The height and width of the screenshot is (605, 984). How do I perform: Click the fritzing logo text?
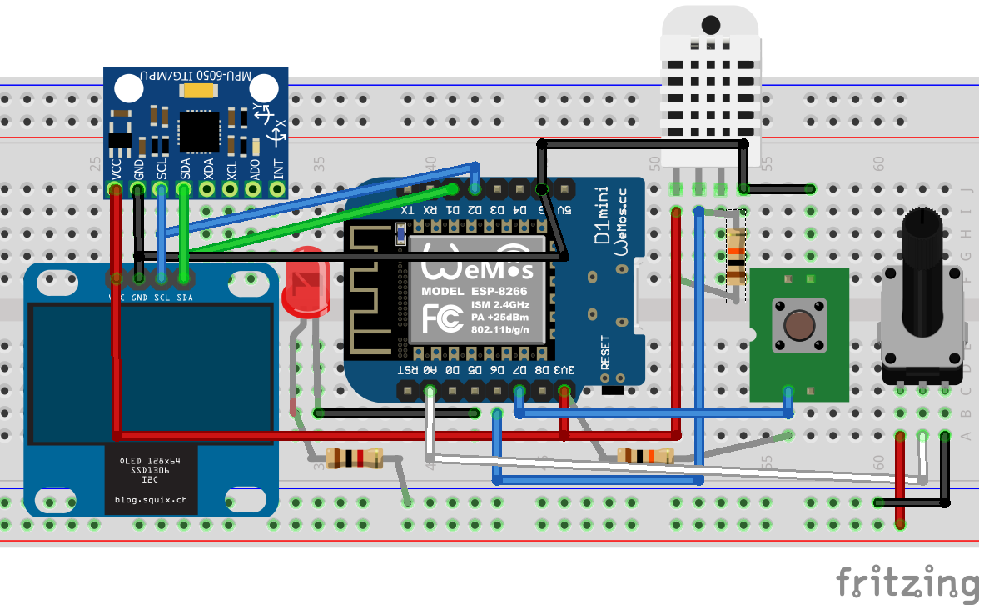coord(907,581)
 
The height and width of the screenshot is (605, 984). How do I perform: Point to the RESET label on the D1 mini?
coord(605,352)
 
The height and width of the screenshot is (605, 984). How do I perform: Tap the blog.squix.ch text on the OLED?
coord(151,500)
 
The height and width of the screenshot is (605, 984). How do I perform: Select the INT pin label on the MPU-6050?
coord(279,168)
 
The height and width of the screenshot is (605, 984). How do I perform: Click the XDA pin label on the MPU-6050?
coord(208,167)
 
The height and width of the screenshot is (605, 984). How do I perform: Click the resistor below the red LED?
coord(354,457)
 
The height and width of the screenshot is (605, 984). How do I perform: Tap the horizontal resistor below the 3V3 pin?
coord(644,455)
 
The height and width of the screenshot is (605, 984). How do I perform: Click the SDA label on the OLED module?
coord(185,297)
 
